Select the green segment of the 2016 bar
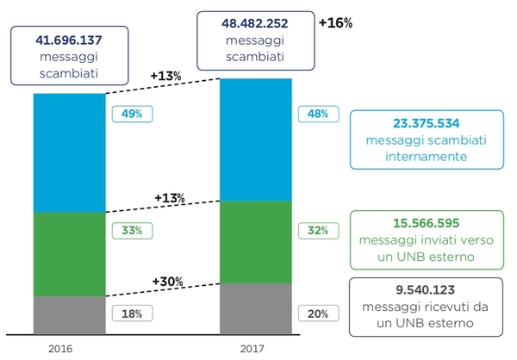point(68,254)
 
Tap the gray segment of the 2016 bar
point(68,314)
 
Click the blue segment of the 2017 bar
point(255,140)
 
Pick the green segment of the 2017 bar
point(255,242)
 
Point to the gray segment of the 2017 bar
point(255,308)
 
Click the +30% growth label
point(168,282)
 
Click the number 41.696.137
point(68,40)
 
